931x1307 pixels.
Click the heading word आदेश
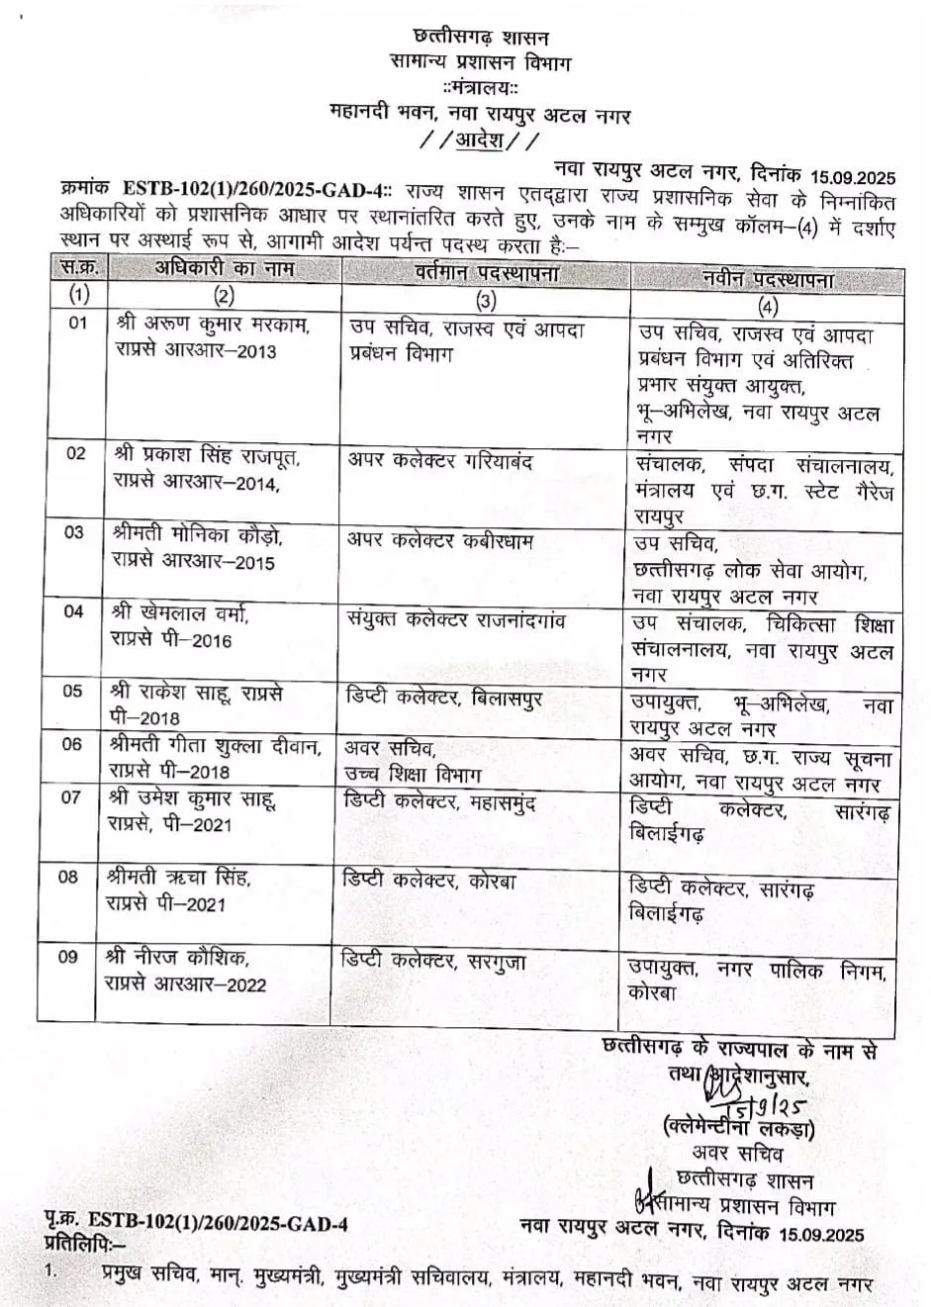[x=480, y=141]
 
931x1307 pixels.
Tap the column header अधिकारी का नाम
[x=225, y=269]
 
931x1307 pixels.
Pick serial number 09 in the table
[x=67, y=957]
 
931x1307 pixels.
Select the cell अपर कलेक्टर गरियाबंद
[x=440, y=461]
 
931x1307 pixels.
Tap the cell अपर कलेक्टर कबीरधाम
[x=440, y=540]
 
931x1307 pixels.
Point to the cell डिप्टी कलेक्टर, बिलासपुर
[x=443, y=699]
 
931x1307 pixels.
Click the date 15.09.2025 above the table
[x=851, y=177]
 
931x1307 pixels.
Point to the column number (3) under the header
[x=486, y=301]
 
